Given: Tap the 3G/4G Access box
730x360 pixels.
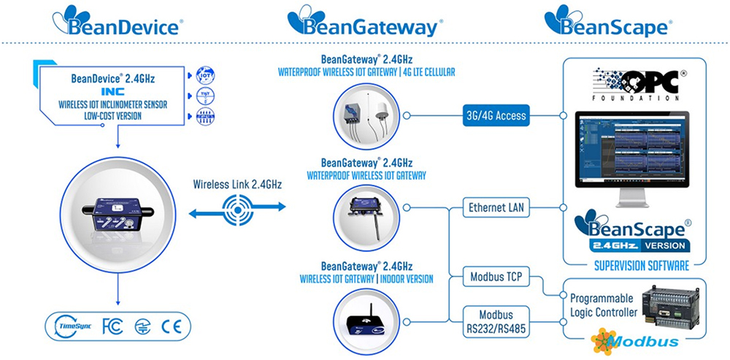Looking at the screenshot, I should coord(496,115).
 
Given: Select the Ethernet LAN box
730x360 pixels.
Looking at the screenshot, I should coord(496,208).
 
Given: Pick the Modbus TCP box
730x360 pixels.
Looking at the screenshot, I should coord(496,277).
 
